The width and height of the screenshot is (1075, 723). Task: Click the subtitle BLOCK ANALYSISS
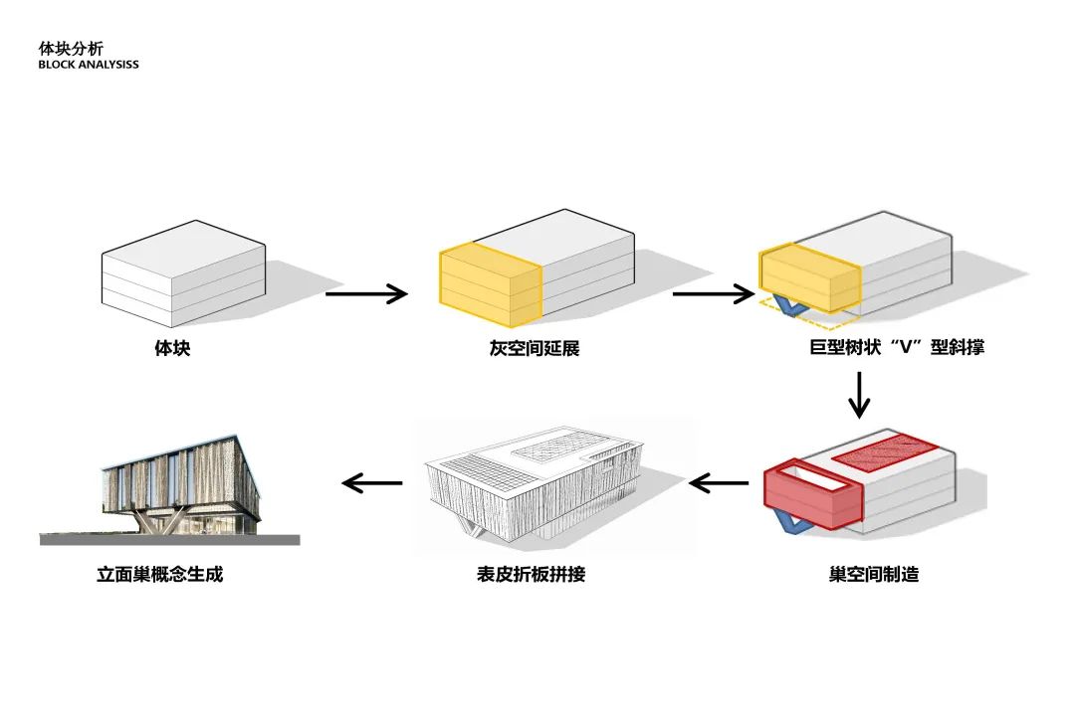(x=89, y=65)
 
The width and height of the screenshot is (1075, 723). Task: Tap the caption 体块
(x=172, y=349)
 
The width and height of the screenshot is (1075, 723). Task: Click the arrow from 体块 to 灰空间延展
(x=366, y=293)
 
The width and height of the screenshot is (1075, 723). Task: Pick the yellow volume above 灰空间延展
(x=490, y=286)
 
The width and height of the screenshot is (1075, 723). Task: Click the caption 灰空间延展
(x=535, y=349)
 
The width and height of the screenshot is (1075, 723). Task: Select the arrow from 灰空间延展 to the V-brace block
(x=713, y=293)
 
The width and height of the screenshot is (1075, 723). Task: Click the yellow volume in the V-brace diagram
(x=809, y=278)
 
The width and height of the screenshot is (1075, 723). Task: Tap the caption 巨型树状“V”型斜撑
(x=897, y=349)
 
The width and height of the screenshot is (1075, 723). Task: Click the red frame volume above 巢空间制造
(x=811, y=497)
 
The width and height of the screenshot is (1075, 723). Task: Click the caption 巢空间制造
(x=873, y=575)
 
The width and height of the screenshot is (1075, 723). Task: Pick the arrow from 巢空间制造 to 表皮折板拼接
(x=719, y=484)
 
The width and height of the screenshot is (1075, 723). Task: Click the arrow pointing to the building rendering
(x=372, y=483)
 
